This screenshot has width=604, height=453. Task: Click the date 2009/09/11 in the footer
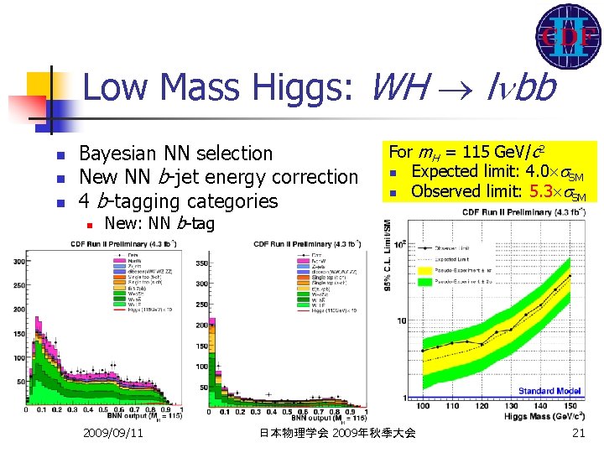[113, 433]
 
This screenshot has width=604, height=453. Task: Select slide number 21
[577, 433]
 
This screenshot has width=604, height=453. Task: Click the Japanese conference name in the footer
[337, 433]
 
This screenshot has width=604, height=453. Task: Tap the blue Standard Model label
[550, 391]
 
